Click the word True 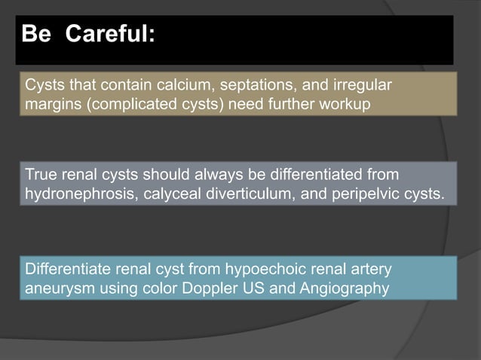(42, 175)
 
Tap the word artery (370, 270)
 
